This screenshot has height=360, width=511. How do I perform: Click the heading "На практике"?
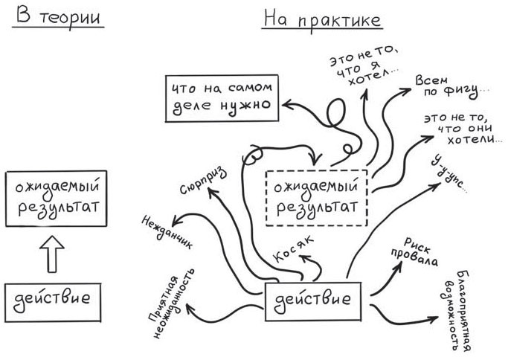[322, 18]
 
